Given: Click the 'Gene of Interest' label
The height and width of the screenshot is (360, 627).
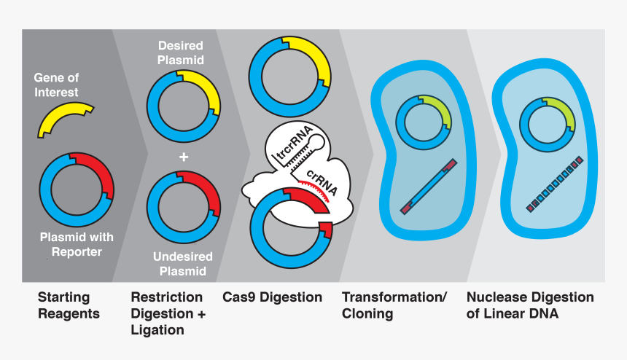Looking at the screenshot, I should coord(56,85).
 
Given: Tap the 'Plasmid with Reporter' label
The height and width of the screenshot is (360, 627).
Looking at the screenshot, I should coord(77,244).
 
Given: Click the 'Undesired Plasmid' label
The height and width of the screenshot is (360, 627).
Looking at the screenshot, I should coord(183,264).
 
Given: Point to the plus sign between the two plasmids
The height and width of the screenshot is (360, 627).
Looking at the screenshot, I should coord(184,157).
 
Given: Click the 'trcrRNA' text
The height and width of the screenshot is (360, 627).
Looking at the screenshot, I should coord(291,144).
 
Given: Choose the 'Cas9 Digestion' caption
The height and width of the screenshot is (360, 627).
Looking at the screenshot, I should coord(272,297).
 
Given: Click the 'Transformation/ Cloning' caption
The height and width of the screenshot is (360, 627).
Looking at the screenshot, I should coord(394,305).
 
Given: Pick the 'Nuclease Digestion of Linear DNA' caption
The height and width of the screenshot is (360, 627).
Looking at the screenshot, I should coord(530,305).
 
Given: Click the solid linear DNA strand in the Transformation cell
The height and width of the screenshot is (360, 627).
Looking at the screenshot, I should coord(428,186).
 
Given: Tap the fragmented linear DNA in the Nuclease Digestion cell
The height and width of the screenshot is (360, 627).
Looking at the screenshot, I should coord(554,185).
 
